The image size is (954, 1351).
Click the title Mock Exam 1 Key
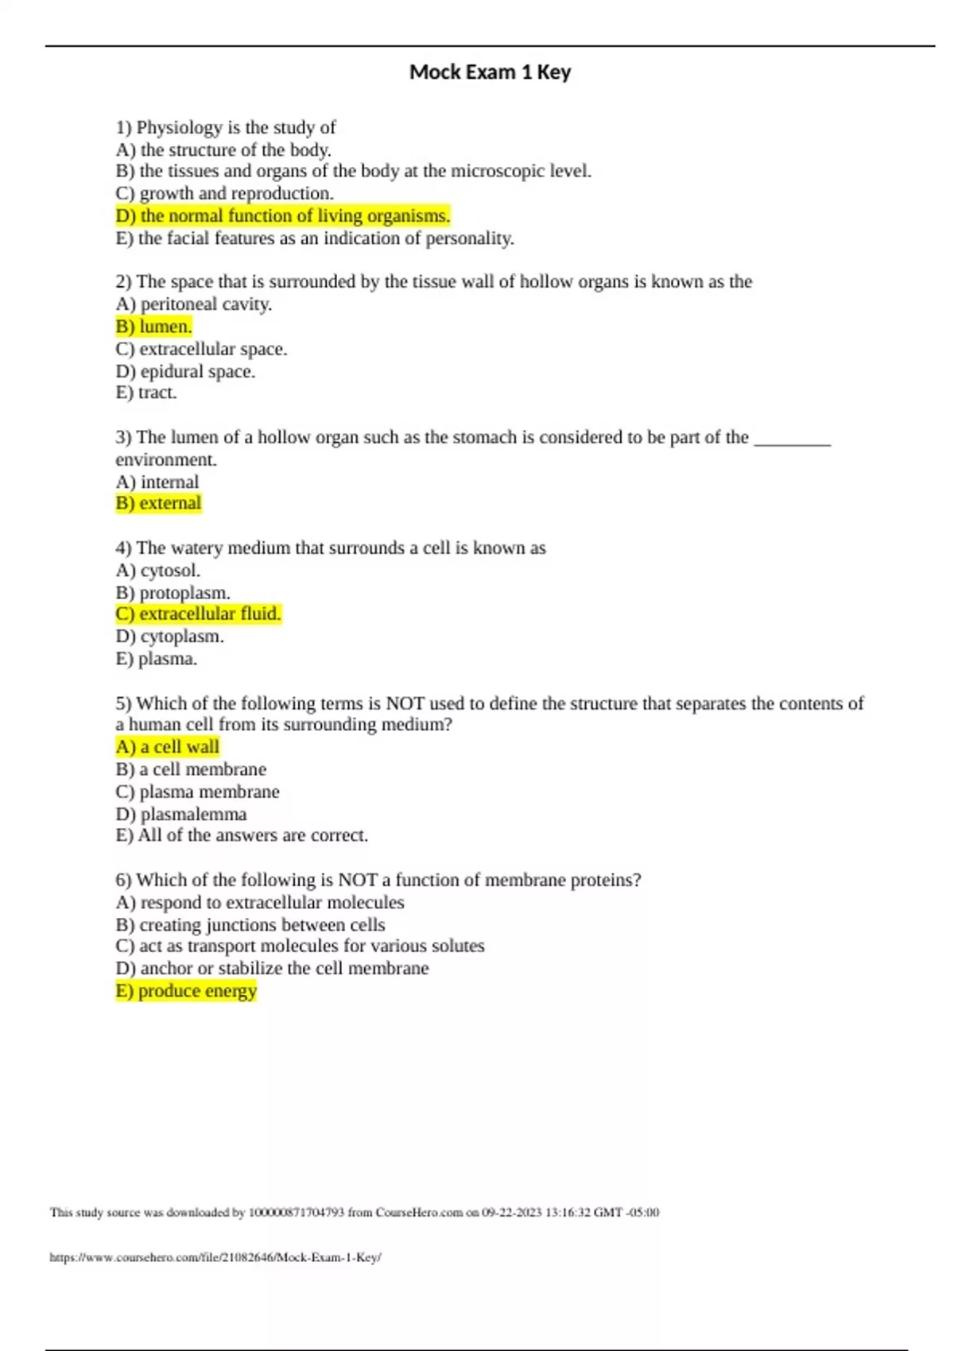490,72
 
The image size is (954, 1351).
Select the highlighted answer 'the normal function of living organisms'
283,216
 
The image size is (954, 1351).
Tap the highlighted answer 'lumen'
154,327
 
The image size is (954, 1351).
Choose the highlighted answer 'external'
158,504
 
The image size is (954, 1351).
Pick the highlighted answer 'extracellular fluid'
198,614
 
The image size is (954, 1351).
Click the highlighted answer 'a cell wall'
167,747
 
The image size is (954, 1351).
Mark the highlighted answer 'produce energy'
186,991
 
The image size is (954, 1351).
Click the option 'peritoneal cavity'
194,304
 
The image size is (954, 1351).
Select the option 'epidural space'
185,372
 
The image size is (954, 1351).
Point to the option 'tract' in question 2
146,393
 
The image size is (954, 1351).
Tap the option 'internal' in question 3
157,482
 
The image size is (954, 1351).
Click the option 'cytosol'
157,571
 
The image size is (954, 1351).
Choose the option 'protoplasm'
173,593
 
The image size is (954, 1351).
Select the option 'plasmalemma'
181,815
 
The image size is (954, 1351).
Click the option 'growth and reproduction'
224,194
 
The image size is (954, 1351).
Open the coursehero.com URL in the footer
215,1257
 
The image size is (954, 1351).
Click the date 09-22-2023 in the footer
511,1213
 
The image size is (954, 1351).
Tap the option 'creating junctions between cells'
250,925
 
